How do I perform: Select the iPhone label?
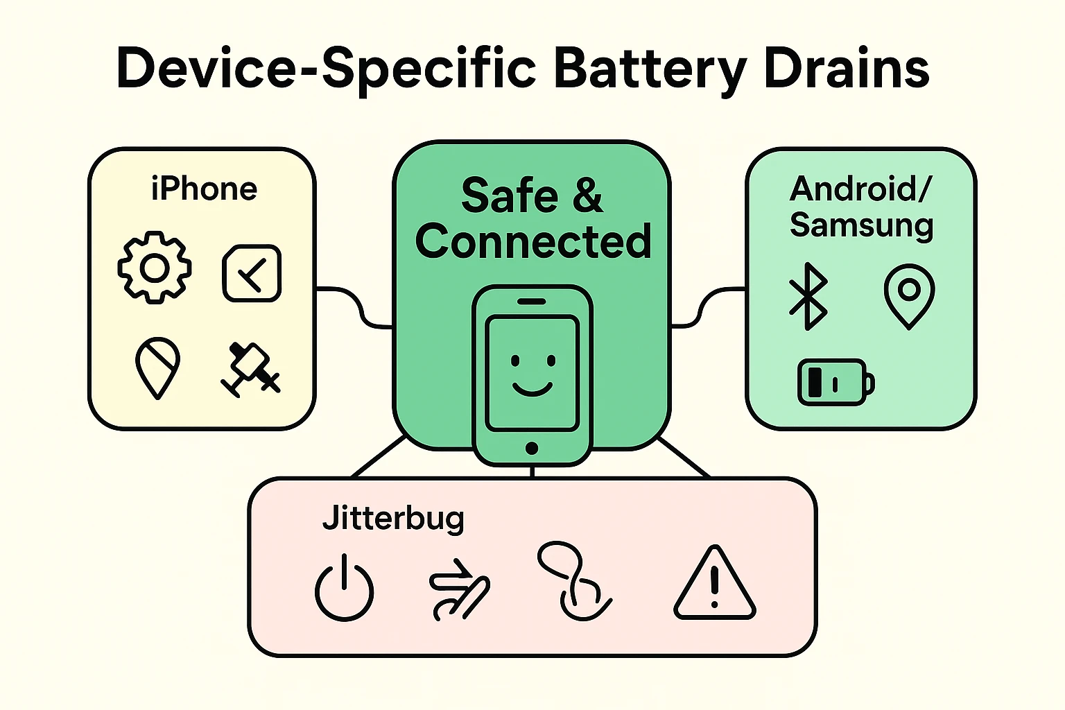coord(204,189)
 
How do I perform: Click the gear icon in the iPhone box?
coord(154,268)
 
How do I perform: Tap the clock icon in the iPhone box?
coord(252,273)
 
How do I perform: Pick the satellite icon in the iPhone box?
coord(250,369)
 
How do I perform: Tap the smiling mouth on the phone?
coord(532,388)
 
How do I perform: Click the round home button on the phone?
coord(532,448)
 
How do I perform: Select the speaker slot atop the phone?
coord(532,302)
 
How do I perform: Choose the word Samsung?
coord(861,226)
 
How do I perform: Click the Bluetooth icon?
coord(808,296)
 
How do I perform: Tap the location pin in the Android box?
coord(909,295)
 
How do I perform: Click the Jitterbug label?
coord(393,519)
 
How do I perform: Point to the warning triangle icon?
coord(714,584)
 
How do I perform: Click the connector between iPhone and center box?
coord(354,305)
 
